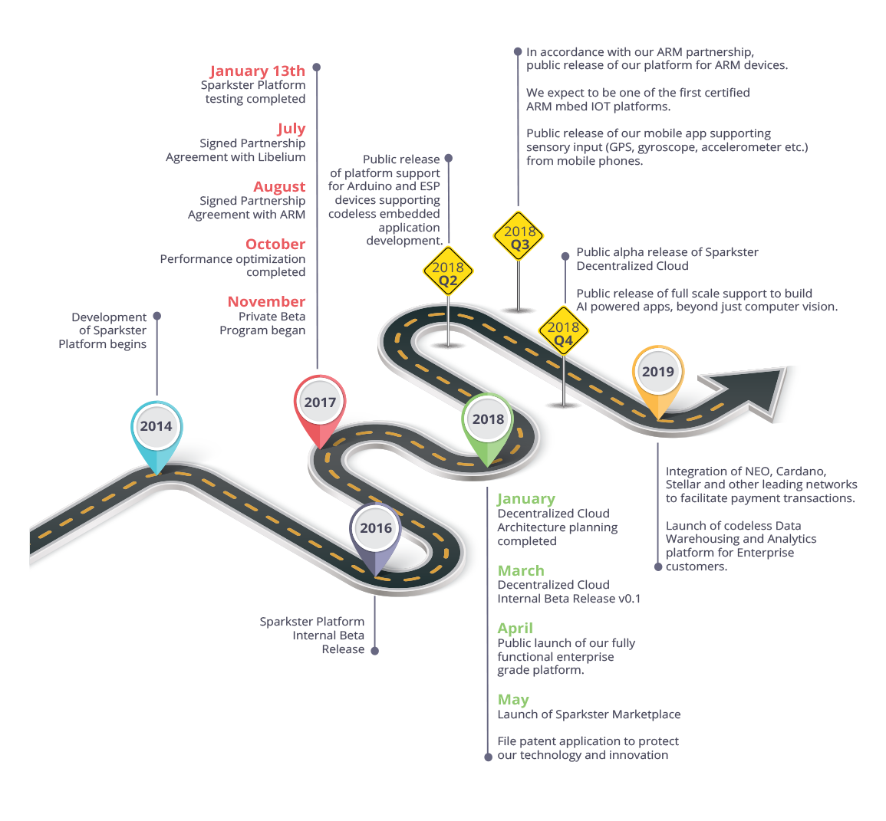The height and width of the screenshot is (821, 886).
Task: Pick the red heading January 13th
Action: pyautogui.click(x=257, y=71)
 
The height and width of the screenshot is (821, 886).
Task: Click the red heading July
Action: pyautogui.click(x=291, y=129)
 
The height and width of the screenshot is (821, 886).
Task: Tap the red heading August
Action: pyautogui.click(x=279, y=186)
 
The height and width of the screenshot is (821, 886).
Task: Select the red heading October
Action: pyautogui.click(x=275, y=244)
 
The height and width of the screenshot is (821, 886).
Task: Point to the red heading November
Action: pyautogui.click(x=266, y=301)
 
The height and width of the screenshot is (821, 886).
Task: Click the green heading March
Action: pyautogui.click(x=521, y=570)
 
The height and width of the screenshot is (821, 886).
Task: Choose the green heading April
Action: pyautogui.click(x=515, y=628)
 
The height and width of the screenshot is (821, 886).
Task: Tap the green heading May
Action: pyautogui.click(x=513, y=699)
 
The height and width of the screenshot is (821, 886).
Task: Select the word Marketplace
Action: pyautogui.click(x=648, y=714)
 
